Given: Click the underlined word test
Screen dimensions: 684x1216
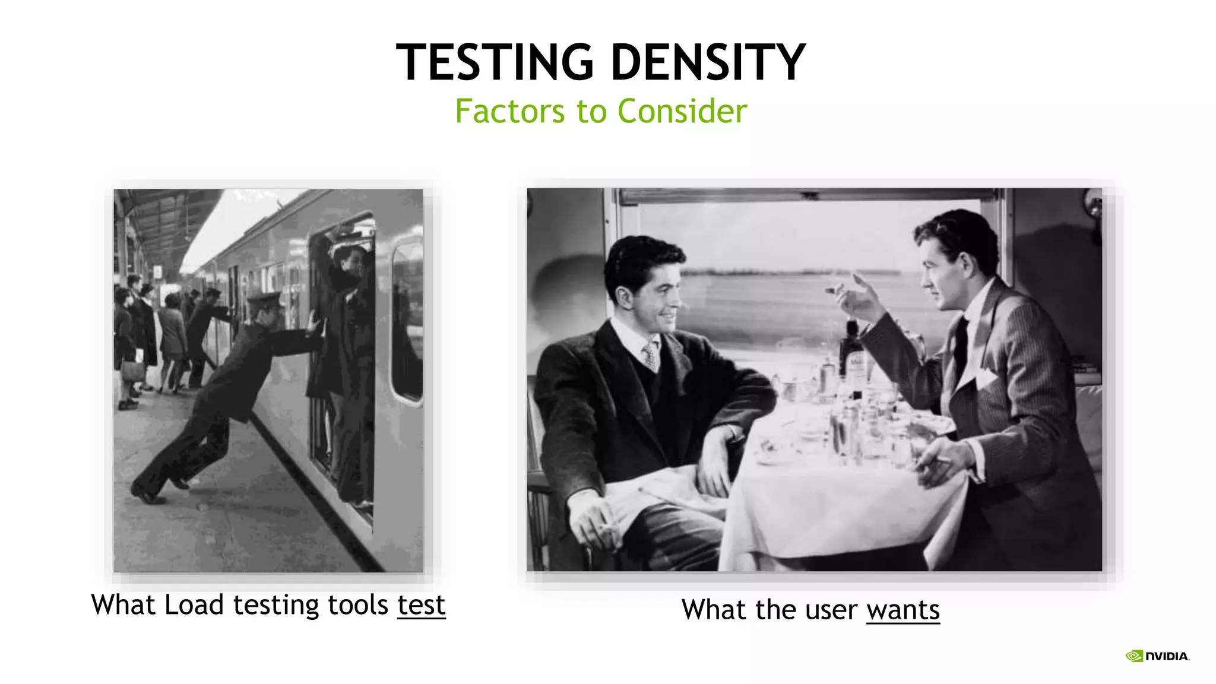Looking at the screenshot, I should click(421, 606).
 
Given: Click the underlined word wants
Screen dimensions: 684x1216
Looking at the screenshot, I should click(902, 610).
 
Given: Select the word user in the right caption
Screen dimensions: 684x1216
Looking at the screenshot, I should click(831, 610).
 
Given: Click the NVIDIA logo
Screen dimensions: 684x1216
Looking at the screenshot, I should click(1157, 656).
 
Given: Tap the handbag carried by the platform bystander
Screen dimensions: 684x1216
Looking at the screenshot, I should click(133, 372).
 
